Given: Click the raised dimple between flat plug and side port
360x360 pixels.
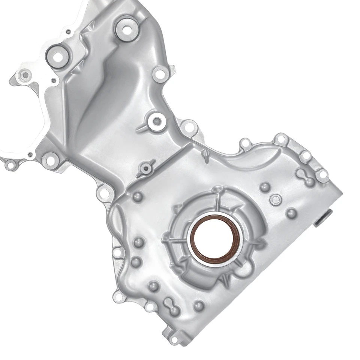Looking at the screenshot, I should [291, 213].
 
